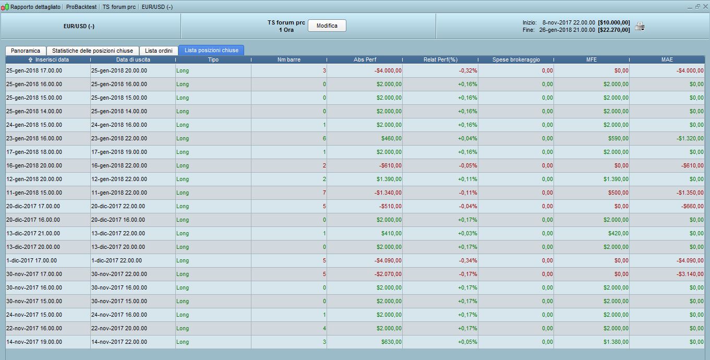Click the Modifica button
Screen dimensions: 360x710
point(327,26)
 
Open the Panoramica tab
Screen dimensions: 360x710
point(26,51)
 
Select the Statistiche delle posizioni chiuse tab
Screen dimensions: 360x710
point(92,51)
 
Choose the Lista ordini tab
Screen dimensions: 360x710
point(159,51)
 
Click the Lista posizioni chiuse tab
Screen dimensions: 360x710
point(211,50)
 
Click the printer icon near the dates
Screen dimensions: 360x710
point(640,27)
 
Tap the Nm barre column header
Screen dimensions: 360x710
point(288,59)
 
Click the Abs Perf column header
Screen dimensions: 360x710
point(365,59)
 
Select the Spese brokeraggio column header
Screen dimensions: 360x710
point(516,59)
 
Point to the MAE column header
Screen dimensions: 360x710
point(667,59)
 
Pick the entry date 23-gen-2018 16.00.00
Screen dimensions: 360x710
point(34,138)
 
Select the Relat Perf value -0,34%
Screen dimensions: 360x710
point(468,260)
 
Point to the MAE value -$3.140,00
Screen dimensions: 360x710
point(690,274)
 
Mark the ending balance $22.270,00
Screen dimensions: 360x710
point(614,30)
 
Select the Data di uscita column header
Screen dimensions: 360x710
point(133,59)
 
